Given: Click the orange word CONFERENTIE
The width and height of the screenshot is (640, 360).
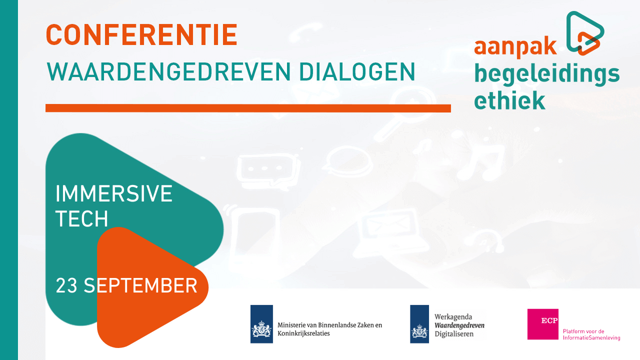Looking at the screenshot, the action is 141,35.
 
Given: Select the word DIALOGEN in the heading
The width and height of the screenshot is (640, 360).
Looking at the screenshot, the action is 357,72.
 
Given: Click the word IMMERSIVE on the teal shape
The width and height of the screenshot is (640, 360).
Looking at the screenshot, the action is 113,193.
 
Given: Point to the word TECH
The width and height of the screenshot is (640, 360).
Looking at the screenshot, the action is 81,219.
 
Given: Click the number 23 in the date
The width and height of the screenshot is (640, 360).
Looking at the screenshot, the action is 66,285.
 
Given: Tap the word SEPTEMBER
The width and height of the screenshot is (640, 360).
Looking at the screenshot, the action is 140,285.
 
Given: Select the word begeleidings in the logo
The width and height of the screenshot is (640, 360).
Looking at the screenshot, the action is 547,75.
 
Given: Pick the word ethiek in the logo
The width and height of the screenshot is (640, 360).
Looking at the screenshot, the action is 509,100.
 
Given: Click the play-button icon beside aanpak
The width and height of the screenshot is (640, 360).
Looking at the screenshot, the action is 585,33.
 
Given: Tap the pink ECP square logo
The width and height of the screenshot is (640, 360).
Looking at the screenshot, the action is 543,324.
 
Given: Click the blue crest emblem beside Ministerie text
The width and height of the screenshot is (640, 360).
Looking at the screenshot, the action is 261,324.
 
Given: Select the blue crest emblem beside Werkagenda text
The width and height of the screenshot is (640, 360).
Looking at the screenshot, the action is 419,324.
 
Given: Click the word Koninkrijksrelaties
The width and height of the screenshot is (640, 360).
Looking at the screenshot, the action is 303,333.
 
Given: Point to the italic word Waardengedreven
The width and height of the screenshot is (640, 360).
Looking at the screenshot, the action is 459,325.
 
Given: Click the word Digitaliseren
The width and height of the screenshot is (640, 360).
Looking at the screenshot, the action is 454,334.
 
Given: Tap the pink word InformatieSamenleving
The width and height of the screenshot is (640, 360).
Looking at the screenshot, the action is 591,337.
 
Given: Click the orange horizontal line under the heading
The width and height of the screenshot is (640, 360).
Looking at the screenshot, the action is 248,108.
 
